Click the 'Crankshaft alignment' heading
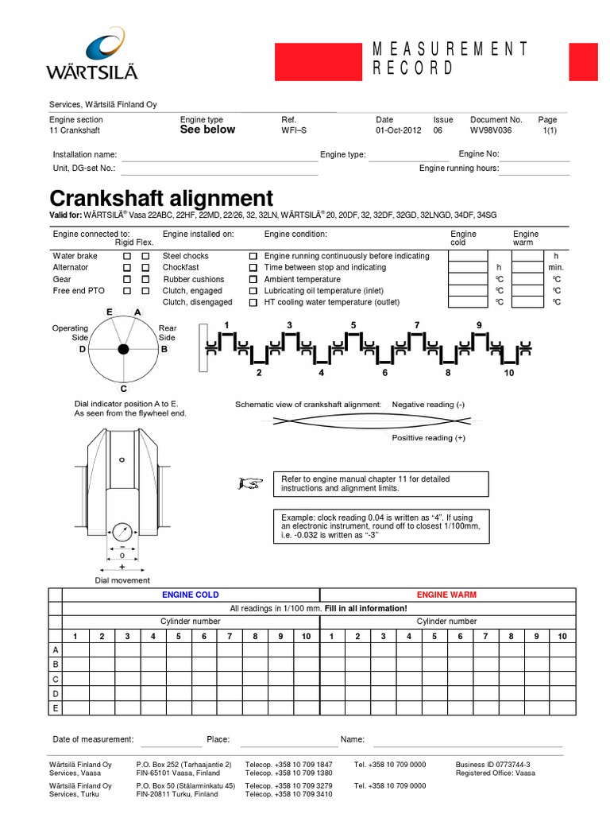pyautogui.click(x=161, y=198)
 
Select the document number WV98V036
pyautogui.click(x=496, y=130)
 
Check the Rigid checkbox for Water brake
pyautogui.click(x=127, y=257)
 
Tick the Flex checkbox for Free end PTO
pyautogui.click(x=145, y=291)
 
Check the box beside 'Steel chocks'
pyautogui.click(x=253, y=257)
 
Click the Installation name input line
pyautogui.click(x=219, y=156)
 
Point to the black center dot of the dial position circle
pyautogui.click(x=123, y=349)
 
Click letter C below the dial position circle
pyautogui.click(x=123, y=389)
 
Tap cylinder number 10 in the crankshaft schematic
pyautogui.click(x=508, y=373)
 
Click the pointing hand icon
pyautogui.click(x=249, y=483)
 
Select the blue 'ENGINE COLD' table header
pyautogui.click(x=191, y=595)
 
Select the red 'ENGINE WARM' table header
pyautogui.click(x=446, y=595)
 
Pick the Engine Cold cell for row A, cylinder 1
pyautogui.click(x=75, y=650)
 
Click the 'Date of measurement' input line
pyautogui.click(x=171, y=740)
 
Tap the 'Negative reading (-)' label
pyautogui.click(x=434, y=405)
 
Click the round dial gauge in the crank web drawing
pyautogui.click(x=122, y=532)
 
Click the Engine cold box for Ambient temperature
pyautogui.click(x=467, y=280)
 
